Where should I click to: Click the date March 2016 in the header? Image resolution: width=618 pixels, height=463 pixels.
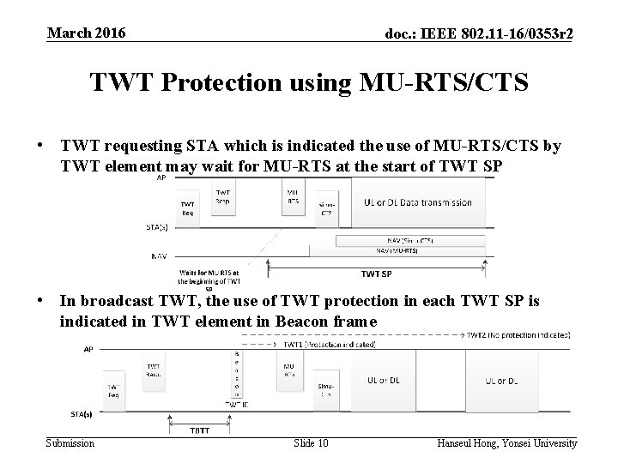[x=87, y=33]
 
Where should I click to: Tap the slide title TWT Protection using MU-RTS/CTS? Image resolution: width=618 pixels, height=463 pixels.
[x=308, y=83]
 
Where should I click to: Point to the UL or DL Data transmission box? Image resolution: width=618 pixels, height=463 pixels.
[x=417, y=203]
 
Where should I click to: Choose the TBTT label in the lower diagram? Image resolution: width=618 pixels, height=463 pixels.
[x=199, y=430]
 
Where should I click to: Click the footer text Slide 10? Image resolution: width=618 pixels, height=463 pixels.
[x=310, y=442]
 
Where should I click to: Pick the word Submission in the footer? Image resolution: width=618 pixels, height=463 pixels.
[x=71, y=442]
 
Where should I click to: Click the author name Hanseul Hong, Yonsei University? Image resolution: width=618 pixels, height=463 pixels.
[x=506, y=442]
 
